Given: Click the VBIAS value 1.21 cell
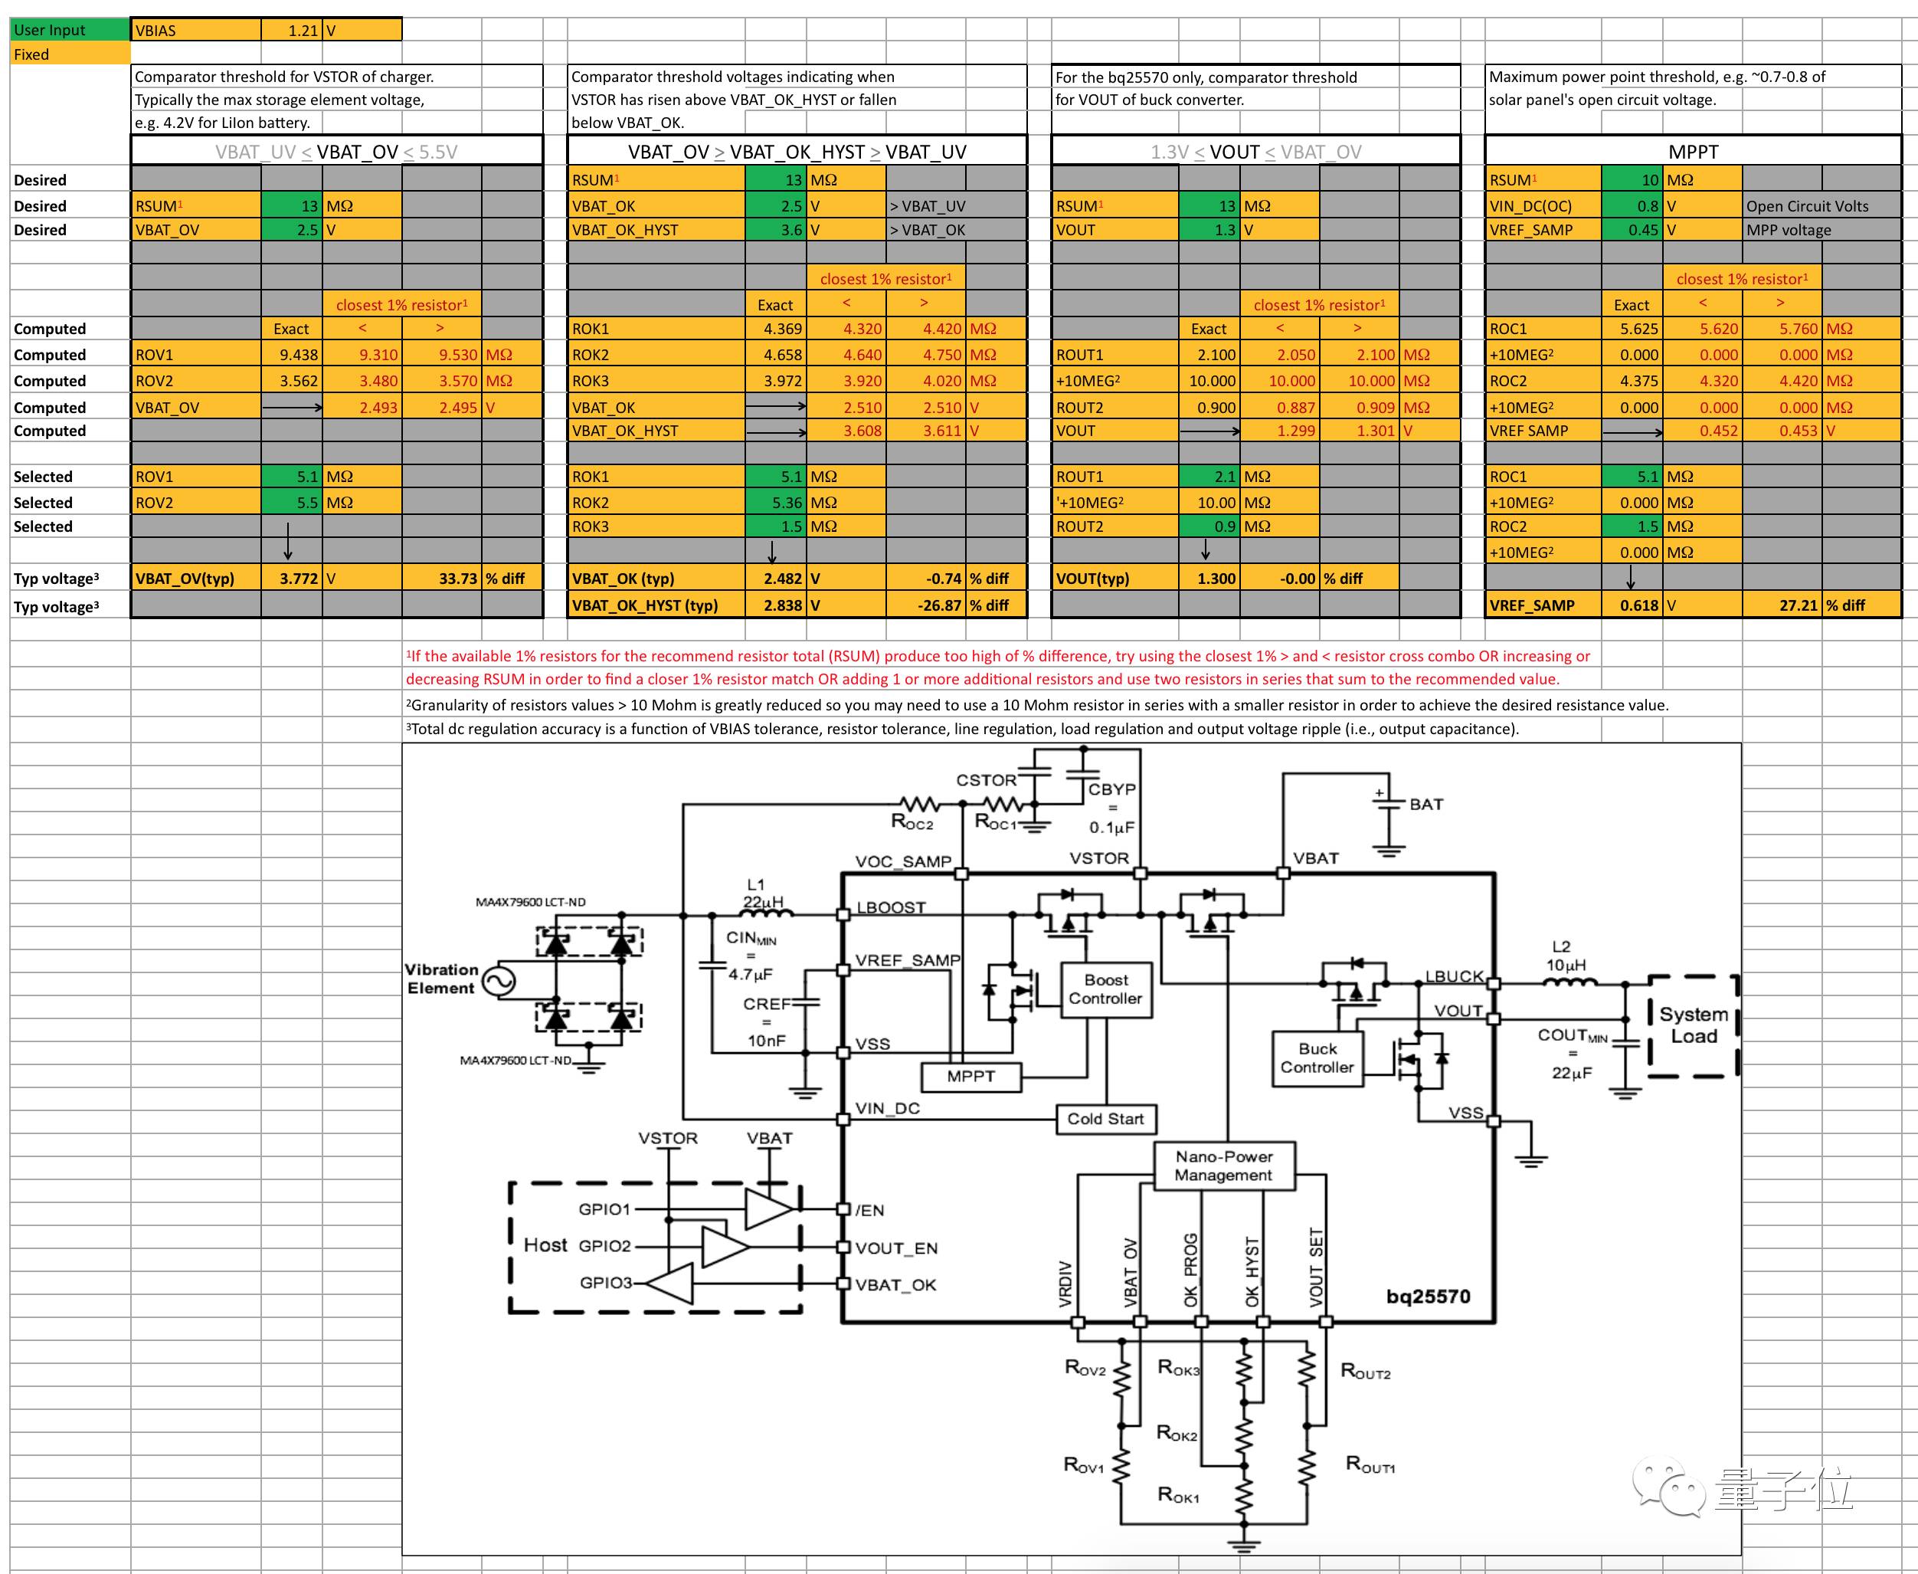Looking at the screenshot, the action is tap(292, 30).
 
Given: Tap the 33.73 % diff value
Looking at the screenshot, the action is tap(458, 579).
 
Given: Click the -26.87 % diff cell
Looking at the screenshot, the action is tap(935, 605).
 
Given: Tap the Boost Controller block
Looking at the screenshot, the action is tap(1106, 989).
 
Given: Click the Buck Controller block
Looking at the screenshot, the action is tap(1317, 1058).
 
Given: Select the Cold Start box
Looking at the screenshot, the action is tap(1106, 1119).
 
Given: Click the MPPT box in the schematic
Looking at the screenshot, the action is tap(970, 1076).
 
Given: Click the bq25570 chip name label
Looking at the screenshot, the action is tap(1428, 1297).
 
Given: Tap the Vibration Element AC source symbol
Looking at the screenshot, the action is tap(499, 980).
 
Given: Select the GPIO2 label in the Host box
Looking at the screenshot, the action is tap(604, 1246).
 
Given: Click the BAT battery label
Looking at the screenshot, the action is tap(1425, 804).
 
